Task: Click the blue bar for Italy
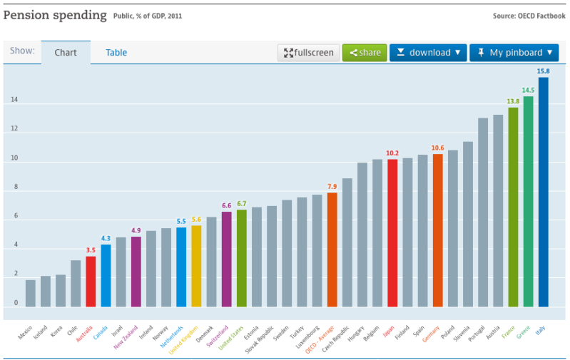click(543, 192)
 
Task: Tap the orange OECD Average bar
click(332, 250)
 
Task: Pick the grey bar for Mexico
click(31, 293)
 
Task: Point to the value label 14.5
click(528, 91)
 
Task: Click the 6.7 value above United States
click(242, 203)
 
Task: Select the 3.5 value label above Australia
click(91, 250)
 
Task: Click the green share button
click(365, 53)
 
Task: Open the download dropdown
click(428, 53)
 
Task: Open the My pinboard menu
click(514, 53)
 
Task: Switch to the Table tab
click(116, 53)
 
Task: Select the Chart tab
click(66, 53)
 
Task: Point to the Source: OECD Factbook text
click(529, 16)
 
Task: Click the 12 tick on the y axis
click(14, 130)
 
